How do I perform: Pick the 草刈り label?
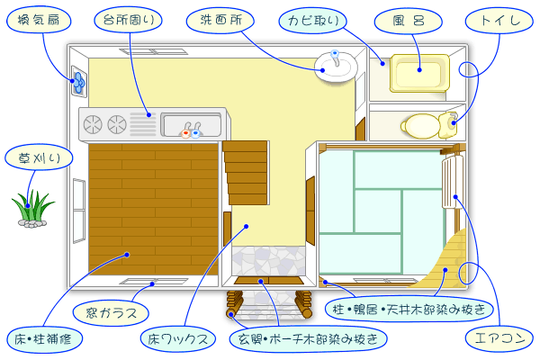(34, 158)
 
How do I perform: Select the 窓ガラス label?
(112, 313)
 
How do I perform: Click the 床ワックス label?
(181, 339)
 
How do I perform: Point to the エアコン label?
(498, 340)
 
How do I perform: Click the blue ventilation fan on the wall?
(78, 82)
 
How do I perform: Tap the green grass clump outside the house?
(32, 207)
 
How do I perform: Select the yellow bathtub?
(419, 74)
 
